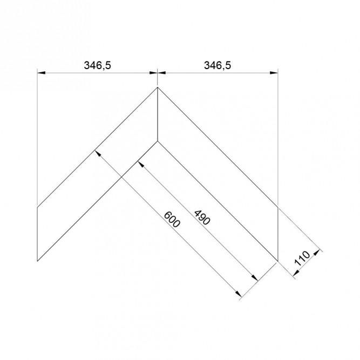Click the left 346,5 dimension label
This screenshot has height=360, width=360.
97,65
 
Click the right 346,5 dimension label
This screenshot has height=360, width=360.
218,65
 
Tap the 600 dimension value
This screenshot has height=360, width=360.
172,219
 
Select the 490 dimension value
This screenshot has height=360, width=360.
202,218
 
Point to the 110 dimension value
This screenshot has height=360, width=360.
302,259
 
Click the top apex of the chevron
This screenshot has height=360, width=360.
158,87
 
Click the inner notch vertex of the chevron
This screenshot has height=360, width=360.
158,141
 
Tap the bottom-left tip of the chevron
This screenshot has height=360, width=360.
37,261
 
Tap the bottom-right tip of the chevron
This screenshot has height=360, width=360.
278,261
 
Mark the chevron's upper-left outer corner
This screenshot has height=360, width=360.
37,207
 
